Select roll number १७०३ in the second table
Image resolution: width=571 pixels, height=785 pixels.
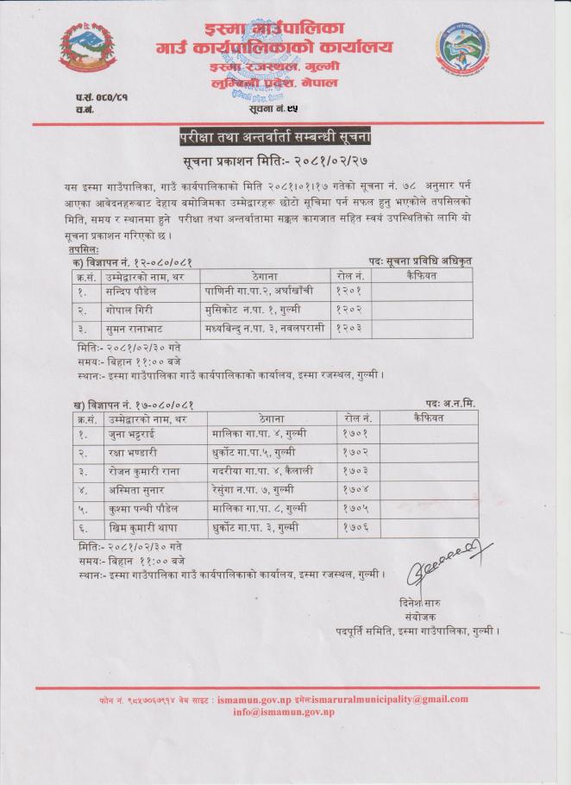(355, 472)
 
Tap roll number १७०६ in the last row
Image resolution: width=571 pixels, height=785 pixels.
(355, 528)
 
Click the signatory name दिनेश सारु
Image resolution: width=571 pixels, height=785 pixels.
(445, 600)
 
